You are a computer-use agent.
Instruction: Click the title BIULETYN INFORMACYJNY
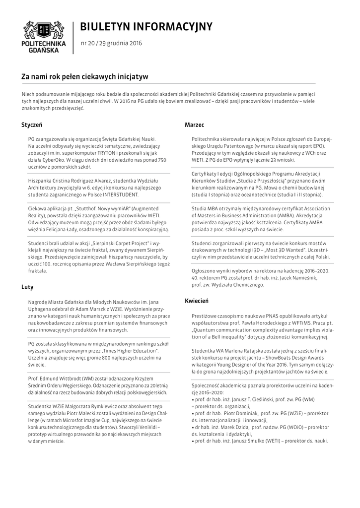[146, 26]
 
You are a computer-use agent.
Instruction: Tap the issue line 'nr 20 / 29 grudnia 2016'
[111, 43]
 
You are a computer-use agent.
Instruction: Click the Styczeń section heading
[31, 125]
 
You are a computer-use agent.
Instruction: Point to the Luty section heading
[27, 287]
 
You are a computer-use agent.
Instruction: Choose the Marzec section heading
[194, 125]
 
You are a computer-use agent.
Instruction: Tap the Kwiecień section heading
[197, 301]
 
